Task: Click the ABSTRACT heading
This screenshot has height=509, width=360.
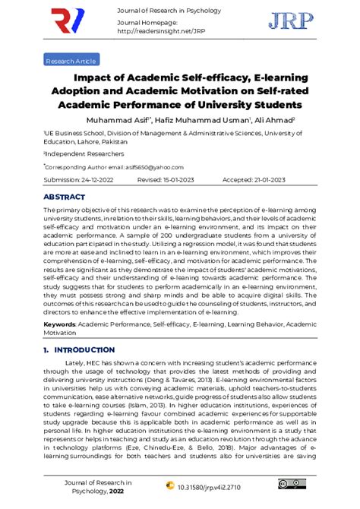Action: click(x=64, y=197)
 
